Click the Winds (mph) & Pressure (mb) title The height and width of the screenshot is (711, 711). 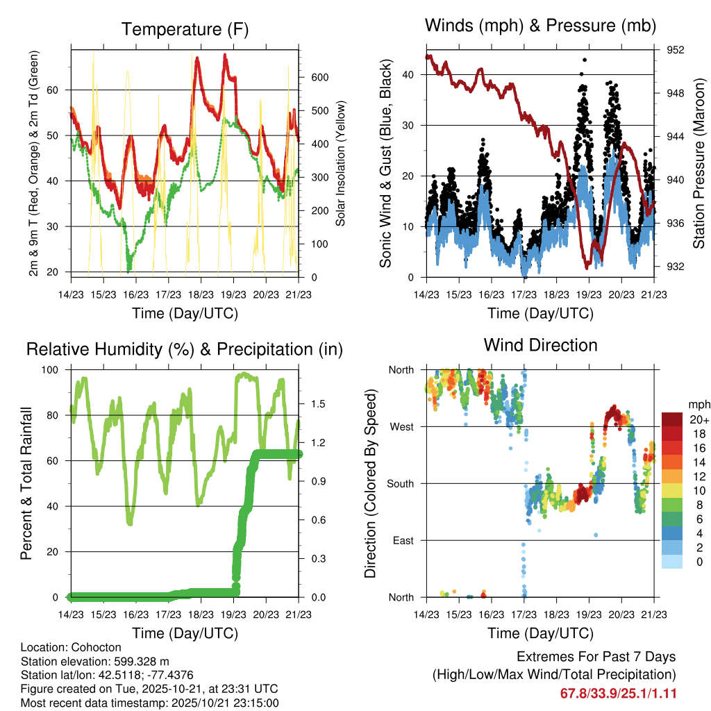540,26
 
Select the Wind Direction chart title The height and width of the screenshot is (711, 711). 540,345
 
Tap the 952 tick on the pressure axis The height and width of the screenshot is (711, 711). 676,50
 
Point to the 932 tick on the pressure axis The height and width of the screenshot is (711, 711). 676,267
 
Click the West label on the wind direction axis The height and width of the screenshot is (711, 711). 401,426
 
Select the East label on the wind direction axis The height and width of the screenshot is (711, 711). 403,540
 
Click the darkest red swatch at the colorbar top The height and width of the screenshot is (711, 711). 673,419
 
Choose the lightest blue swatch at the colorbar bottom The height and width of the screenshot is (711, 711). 673,561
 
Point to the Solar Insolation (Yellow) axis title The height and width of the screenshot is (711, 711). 340,164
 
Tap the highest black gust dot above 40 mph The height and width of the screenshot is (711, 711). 585,60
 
